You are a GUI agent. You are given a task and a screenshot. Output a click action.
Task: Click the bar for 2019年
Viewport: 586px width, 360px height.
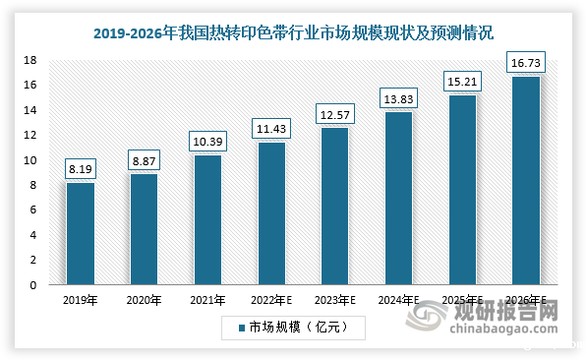(x=81, y=234)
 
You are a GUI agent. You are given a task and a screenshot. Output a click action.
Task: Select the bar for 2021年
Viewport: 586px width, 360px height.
(x=207, y=220)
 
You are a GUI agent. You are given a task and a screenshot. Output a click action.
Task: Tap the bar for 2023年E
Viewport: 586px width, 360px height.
(x=334, y=207)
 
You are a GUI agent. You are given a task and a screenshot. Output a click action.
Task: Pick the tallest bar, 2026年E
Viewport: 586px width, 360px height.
(x=524, y=181)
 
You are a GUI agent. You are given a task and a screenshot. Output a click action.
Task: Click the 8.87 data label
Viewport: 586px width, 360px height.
(x=145, y=158)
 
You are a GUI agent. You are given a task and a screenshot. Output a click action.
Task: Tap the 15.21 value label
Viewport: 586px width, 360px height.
(x=461, y=80)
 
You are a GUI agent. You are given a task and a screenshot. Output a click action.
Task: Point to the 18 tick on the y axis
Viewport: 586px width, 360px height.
(x=30, y=60)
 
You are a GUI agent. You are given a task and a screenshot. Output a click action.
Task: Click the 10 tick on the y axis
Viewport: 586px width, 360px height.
(x=30, y=160)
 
